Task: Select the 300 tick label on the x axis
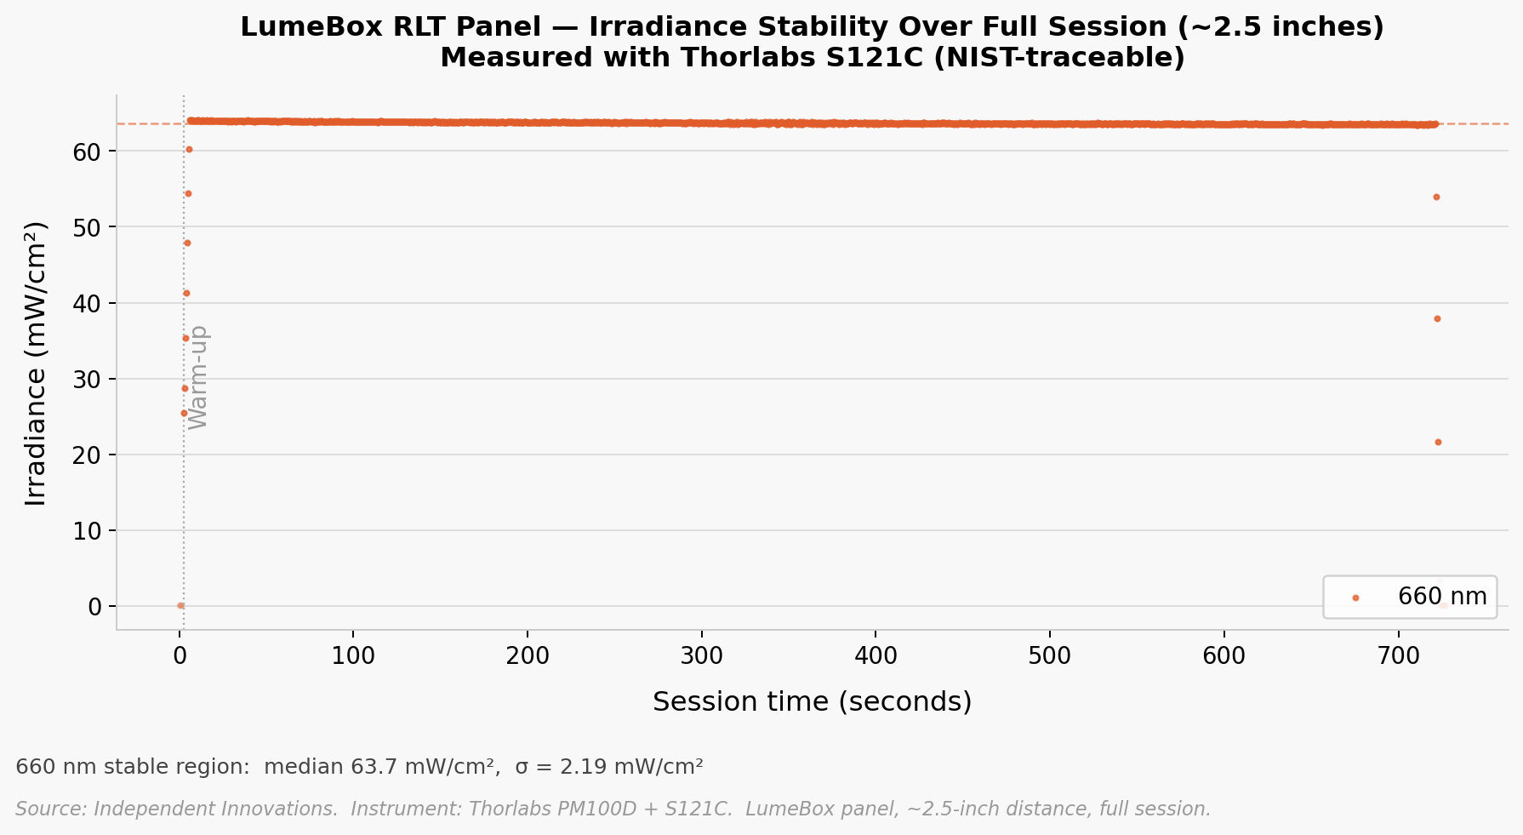pos(701,656)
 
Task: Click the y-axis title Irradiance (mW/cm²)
pos(36,363)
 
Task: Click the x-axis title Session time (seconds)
pos(812,701)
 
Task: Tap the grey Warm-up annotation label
pos(198,377)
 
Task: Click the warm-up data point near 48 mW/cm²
pos(187,243)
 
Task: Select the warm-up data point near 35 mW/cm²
pos(185,338)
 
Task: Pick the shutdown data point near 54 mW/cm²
pos(1436,197)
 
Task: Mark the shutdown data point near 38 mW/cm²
pos(1437,318)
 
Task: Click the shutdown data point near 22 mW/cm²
pos(1438,442)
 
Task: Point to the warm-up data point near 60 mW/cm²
pos(189,149)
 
